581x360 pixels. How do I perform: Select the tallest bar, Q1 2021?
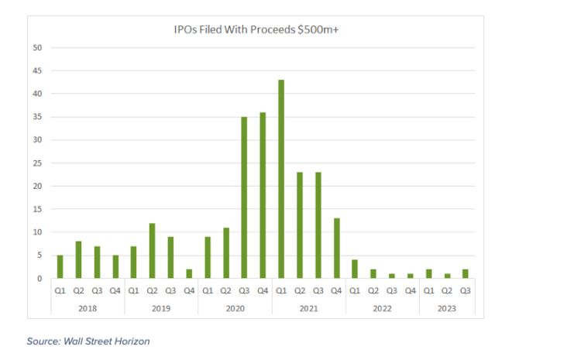pyautogui.click(x=281, y=179)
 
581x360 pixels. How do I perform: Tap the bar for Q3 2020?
pyautogui.click(x=244, y=197)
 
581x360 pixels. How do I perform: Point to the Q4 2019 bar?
pyautogui.click(x=189, y=273)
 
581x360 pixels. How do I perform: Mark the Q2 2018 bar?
pyautogui.click(x=78, y=259)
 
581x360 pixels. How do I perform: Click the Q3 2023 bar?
pyautogui.click(x=466, y=273)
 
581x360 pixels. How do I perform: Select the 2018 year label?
pyautogui.click(x=87, y=308)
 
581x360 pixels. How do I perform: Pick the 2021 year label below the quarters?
pyautogui.click(x=308, y=308)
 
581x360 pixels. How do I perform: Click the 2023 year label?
pyautogui.click(x=446, y=308)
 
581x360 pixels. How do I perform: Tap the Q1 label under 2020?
pyautogui.click(x=207, y=291)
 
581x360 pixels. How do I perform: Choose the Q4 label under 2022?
pyautogui.click(x=410, y=291)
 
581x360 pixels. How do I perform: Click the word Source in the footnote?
pyautogui.click(x=44, y=341)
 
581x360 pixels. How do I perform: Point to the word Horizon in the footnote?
pyautogui.click(x=131, y=341)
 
